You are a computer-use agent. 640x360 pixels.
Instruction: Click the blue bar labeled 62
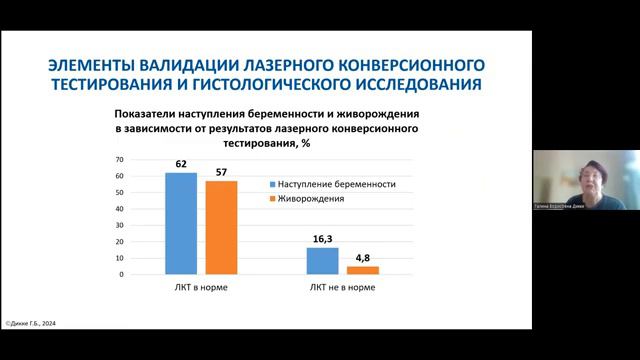181,223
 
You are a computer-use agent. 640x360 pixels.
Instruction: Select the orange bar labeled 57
222,227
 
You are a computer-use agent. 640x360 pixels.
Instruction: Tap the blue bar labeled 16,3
322,260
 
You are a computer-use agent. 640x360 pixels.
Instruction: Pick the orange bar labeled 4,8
362,270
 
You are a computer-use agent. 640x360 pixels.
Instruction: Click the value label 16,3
322,237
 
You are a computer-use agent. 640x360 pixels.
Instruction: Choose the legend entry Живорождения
312,199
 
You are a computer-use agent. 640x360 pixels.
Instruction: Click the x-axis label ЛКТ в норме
201,288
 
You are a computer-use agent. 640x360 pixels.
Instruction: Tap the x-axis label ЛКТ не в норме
342,288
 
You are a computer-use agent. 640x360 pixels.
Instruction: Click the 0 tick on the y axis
121,274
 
